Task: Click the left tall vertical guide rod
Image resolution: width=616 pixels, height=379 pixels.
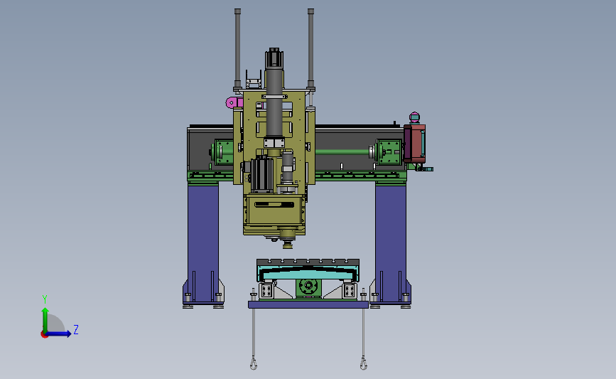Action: (x=237, y=49)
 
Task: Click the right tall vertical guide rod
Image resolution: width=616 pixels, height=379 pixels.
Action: (x=310, y=49)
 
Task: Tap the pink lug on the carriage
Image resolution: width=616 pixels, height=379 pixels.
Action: (x=234, y=102)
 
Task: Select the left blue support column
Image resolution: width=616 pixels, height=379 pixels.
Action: (x=203, y=243)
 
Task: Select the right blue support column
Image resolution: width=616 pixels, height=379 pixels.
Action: (x=391, y=243)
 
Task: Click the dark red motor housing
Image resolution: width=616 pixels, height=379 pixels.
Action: (x=415, y=143)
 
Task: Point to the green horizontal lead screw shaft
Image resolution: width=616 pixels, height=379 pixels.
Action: (x=342, y=151)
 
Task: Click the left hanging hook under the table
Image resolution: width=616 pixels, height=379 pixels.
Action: (x=254, y=363)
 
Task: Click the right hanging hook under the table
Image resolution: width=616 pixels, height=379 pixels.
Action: (x=363, y=363)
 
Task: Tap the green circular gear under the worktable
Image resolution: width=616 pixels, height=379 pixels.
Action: (x=308, y=287)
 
